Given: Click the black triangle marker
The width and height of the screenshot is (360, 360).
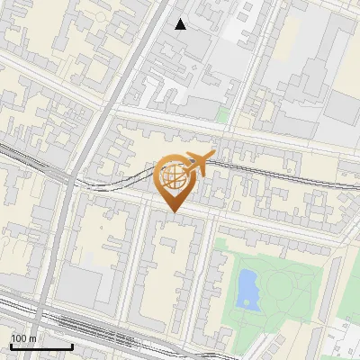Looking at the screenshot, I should click(181, 24).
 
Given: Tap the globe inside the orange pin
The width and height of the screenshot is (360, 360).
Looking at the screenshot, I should click(173, 175).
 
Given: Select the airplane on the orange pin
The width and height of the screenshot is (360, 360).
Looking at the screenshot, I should click(200, 163).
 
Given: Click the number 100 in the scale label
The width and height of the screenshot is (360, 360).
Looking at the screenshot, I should click(18, 338).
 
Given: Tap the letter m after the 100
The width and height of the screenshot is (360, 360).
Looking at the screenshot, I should click(32, 338).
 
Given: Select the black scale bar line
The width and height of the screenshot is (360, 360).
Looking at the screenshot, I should click(40, 346).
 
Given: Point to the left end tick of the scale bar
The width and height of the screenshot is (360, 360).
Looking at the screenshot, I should click(10, 345).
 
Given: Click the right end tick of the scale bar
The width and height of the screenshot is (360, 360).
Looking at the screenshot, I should click(72, 345).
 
